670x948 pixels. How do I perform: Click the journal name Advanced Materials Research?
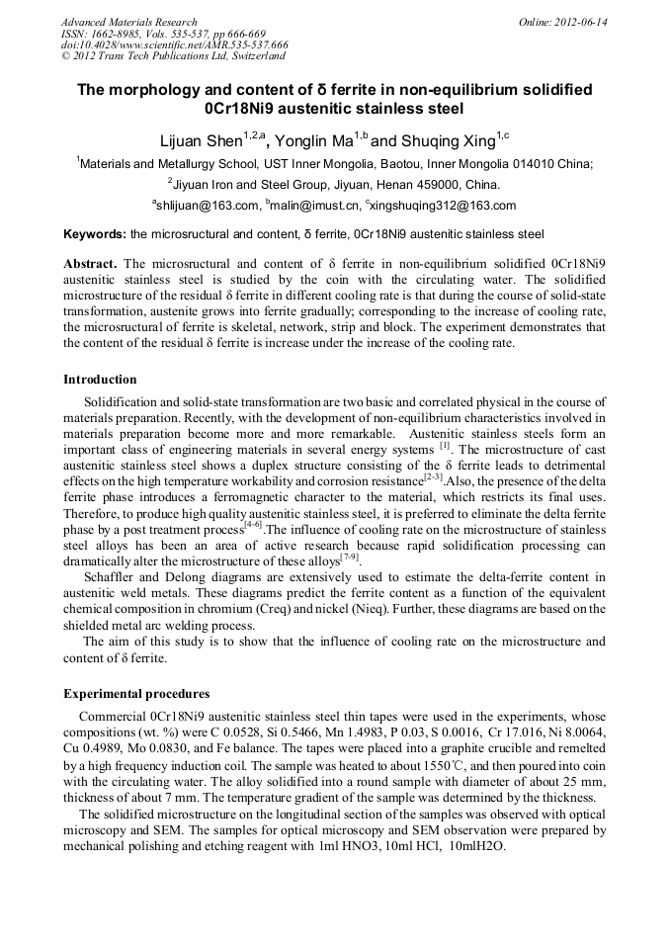point(128,22)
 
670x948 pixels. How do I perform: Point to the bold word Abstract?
point(90,265)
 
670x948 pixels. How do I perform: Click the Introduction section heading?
point(100,380)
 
